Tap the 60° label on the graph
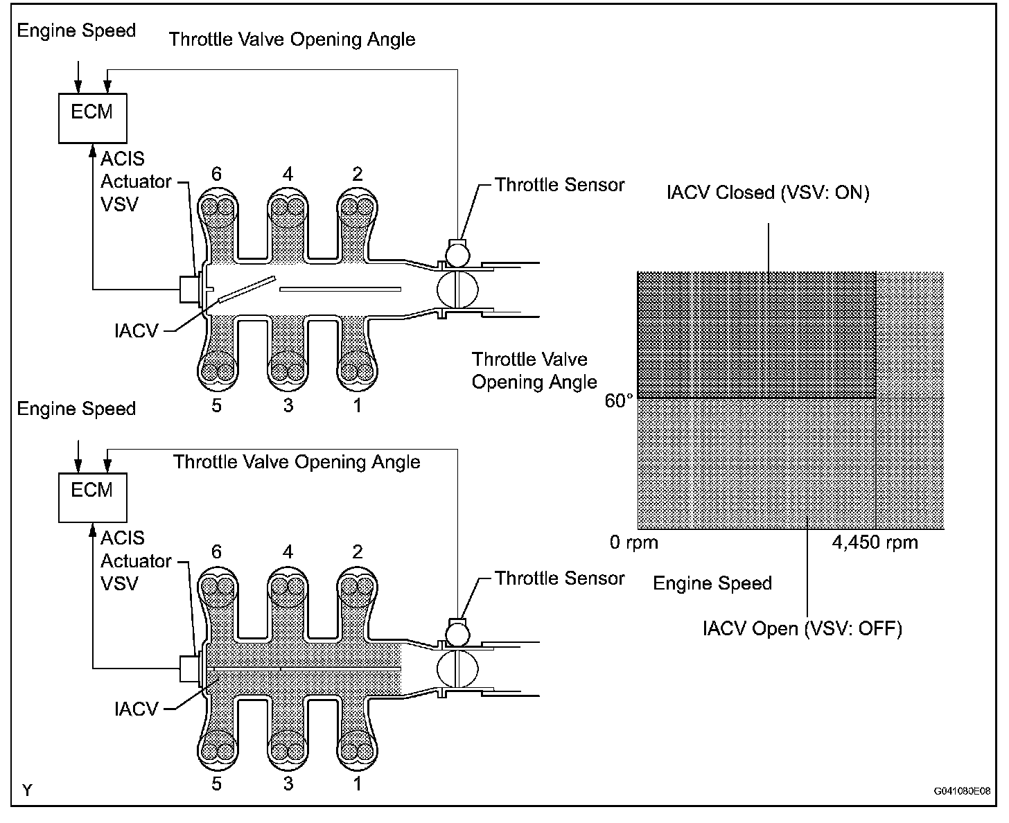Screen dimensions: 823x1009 [619, 401]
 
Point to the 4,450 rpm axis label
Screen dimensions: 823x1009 [875, 542]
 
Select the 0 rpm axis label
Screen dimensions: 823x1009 [633, 542]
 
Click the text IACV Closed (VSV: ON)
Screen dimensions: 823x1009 [767, 192]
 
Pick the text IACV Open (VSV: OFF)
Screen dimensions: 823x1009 [802, 629]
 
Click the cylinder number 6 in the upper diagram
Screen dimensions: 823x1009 [217, 174]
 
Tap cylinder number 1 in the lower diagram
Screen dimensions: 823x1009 [357, 784]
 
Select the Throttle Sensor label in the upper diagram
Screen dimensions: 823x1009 [559, 185]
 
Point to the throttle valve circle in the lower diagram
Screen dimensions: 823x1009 [457, 669]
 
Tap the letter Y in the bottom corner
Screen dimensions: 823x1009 [27, 790]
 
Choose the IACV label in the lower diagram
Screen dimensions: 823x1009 [137, 709]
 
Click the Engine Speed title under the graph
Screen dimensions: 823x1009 [712, 583]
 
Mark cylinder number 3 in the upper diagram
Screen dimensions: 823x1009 [288, 405]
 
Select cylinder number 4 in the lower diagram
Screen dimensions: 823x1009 [288, 552]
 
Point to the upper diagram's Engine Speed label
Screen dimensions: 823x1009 [76, 30]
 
